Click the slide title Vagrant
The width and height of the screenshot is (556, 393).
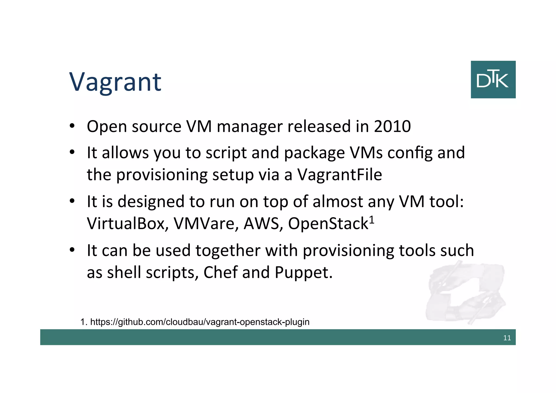(115, 82)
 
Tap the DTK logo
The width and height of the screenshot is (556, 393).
(493, 80)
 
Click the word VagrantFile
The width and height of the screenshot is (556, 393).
(340, 175)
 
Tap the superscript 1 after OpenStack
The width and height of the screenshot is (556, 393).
(372, 219)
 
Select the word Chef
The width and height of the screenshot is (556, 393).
(220, 272)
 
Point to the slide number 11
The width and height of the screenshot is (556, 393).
(507, 338)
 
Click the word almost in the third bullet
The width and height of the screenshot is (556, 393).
(337, 202)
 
